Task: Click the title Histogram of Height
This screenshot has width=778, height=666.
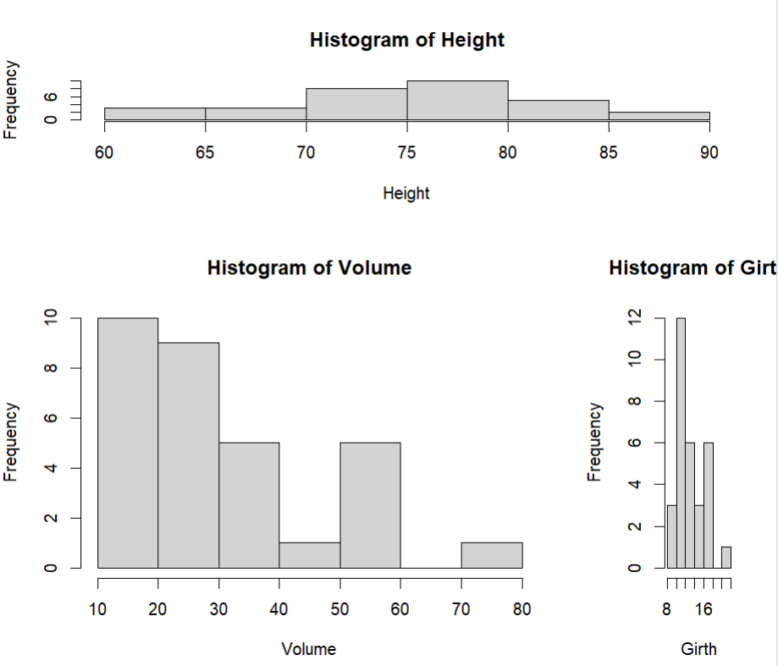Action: pos(406,40)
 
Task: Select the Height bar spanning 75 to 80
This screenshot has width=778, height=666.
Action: pos(457,100)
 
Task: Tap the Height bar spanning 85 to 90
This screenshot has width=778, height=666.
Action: pos(659,116)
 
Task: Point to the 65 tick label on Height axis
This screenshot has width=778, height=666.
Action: pos(204,152)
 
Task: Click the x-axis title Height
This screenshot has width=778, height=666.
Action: pos(406,193)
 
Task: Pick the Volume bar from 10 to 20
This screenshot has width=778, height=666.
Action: pos(128,443)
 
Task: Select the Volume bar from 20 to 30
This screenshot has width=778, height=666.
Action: pos(189,454)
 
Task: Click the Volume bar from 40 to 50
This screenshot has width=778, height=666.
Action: pos(310,555)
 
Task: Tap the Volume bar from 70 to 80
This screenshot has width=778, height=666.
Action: pos(492,555)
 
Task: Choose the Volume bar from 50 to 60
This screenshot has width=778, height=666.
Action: pos(370,504)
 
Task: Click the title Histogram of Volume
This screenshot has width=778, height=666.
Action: pos(309,268)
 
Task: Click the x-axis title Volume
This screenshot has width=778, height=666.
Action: pos(309,649)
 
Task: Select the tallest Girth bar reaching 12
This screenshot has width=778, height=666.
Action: pos(681,443)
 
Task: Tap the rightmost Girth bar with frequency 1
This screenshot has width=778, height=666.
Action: pos(726,557)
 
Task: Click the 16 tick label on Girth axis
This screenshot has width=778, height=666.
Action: pos(704,608)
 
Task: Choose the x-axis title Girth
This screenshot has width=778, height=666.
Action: pos(698,649)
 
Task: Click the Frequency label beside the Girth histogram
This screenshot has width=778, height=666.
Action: pos(595,443)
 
